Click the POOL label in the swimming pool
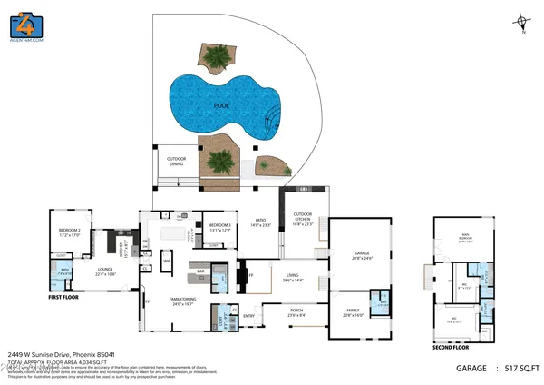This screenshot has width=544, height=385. pyautogui.click(x=220, y=105)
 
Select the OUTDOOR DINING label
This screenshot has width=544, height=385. pyautogui.click(x=176, y=162)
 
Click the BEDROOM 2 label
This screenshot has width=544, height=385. pyautogui.click(x=70, y=232)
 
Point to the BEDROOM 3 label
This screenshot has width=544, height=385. pyautogui.click(x=220, y=226)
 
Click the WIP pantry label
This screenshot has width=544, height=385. pyautogui.click(x=167, y=262)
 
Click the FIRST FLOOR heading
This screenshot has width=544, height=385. pyautogui.click(x=69, y=296)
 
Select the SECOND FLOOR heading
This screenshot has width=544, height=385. pyautogui.click(x=450, y=347)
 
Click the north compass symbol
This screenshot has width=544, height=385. pyautogui.click(x=523, y=20)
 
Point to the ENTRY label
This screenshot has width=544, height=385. pyautogui.click(x=249, y=316)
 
